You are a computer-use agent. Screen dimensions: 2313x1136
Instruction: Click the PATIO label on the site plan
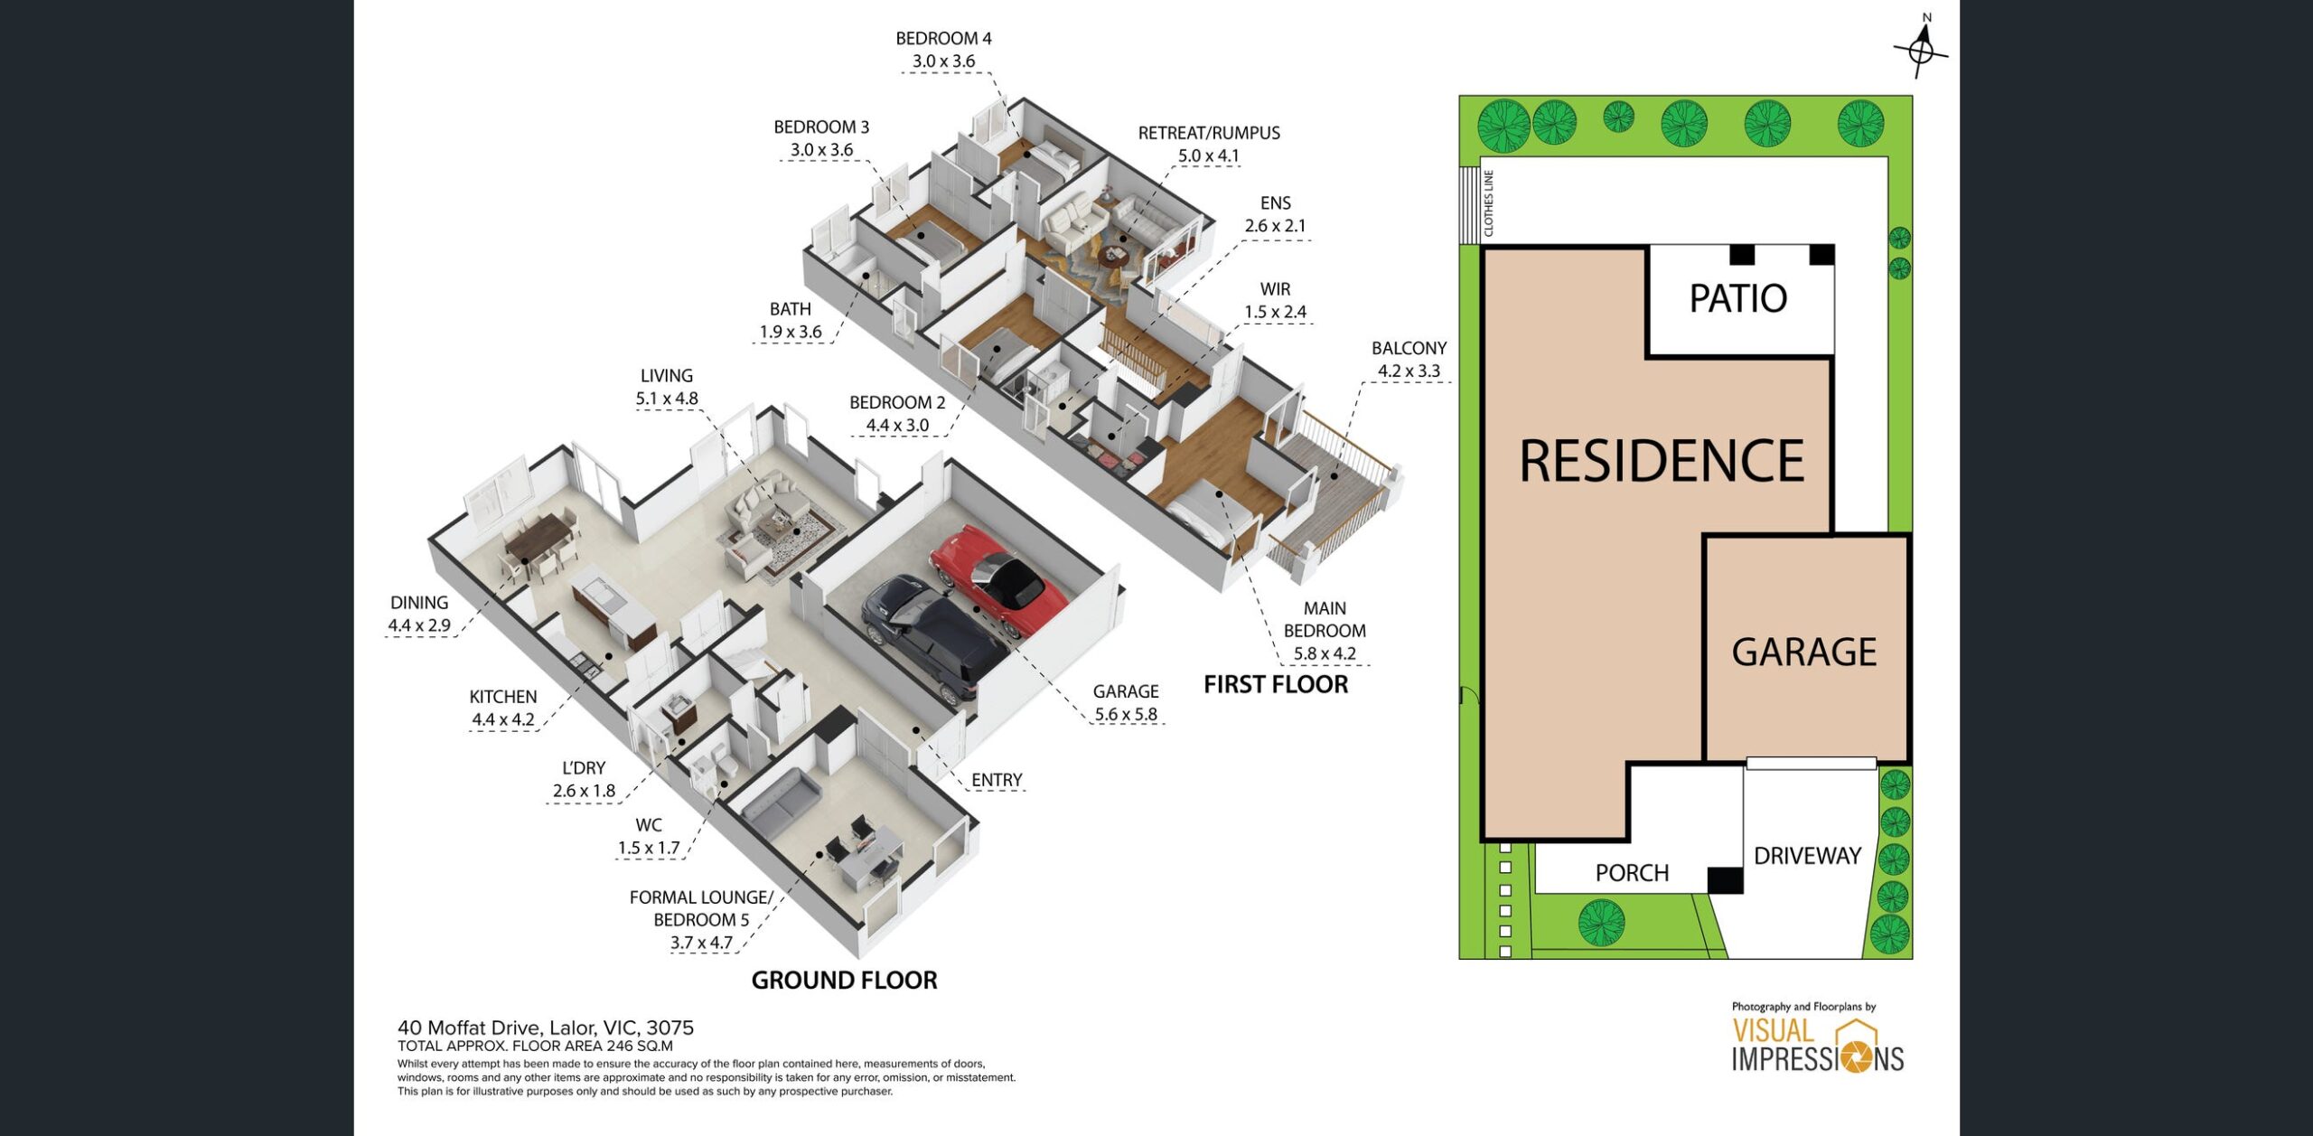tap(1738, 298)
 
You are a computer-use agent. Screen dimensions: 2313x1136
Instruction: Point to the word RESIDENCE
tap(1662, 461)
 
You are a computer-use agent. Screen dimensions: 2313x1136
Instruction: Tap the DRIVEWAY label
tap(1807, 856)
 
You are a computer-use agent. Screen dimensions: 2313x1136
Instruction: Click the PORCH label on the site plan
tap(1632, 873)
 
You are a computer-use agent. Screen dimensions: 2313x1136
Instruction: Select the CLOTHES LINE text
tap(1488, 203)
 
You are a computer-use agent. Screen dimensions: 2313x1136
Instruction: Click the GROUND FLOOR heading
tap(844, 980)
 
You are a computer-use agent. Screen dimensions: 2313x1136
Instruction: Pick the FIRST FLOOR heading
tap(1276, 684)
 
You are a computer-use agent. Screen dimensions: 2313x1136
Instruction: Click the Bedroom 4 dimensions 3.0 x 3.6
tap(943, 61)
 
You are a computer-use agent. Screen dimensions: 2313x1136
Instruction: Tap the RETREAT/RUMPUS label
tap(1209, 133)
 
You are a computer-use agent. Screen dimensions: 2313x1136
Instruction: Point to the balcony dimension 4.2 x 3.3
tap(1409, 371)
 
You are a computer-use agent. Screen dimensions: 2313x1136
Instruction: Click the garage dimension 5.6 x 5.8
tap(1126, 714)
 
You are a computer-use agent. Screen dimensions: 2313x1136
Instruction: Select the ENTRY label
tap(997, 780)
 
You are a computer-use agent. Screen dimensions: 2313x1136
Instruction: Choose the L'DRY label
tap(584, 768)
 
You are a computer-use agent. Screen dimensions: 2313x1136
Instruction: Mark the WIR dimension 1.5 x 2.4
tap(1275, 312)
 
